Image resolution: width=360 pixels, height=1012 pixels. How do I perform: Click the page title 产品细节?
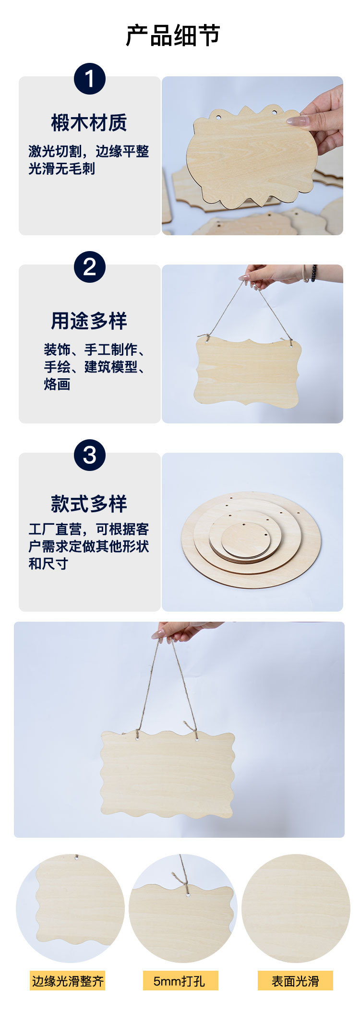coord(173,36)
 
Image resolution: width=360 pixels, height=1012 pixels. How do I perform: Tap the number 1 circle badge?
coord(90,79)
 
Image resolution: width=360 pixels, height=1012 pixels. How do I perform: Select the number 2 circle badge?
coord(90,267)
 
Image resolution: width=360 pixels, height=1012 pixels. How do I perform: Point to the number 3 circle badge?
coord(90,455)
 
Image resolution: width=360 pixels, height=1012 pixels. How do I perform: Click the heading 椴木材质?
coord(89,123)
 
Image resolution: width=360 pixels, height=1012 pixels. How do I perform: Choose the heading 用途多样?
coord(89,321)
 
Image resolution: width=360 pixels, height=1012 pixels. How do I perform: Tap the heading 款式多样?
coord(89,504)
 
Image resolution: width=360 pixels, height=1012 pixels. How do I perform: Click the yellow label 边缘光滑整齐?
coord(68,981)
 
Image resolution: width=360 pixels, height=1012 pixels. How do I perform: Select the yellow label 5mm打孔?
coord(180,981)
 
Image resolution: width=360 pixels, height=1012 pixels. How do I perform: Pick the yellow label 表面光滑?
coord(295,981)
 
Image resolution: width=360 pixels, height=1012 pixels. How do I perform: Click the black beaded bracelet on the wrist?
coord(314,273)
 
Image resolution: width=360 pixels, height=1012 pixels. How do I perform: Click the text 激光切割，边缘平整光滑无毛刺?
coord(89,160)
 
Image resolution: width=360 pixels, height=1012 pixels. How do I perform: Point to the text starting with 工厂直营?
coord(89,546)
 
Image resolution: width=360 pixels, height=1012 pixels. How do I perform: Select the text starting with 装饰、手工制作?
coord(95,366)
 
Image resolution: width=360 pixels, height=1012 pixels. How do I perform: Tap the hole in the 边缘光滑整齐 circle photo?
coord(76,857)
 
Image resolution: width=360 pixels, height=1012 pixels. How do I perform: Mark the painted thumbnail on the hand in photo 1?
coord(298,121)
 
